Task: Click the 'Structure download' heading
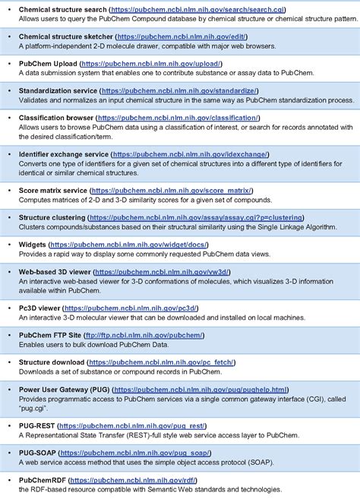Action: (x=54, y=362)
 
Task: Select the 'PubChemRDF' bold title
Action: (x=44, y=480)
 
